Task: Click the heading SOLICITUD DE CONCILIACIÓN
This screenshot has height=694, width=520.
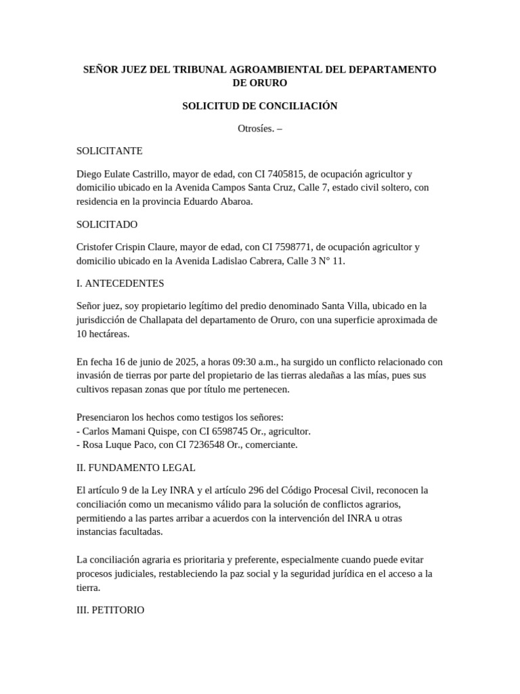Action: click(x=259, y=106)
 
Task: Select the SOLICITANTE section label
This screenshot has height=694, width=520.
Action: click(x=109, y=151)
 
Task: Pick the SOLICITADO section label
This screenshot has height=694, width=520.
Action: click(x=107, y=224)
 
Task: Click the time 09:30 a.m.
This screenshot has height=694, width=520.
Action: click(x=253, y=362)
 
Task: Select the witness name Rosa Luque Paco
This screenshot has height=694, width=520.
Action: click(x=113, y=445)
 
